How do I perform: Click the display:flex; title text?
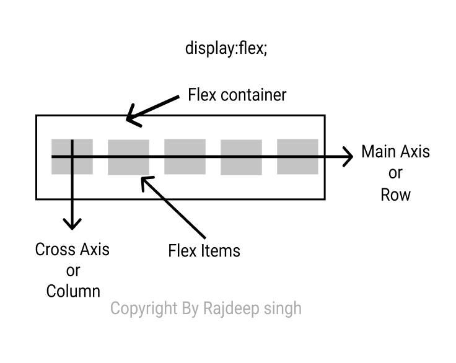pos(226,48)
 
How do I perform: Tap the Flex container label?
pos(237,95)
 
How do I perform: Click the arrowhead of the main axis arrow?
pos(348,157)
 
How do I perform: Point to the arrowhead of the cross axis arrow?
pos(72,224)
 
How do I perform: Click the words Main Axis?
pos(395,152)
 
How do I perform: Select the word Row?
pos(395,195)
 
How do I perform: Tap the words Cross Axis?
pos(72,249)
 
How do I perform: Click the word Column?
pos(73,291)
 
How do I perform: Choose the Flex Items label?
pos(204,251)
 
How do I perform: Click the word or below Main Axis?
pos(395,173)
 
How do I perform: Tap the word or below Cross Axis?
pos(73,270)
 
